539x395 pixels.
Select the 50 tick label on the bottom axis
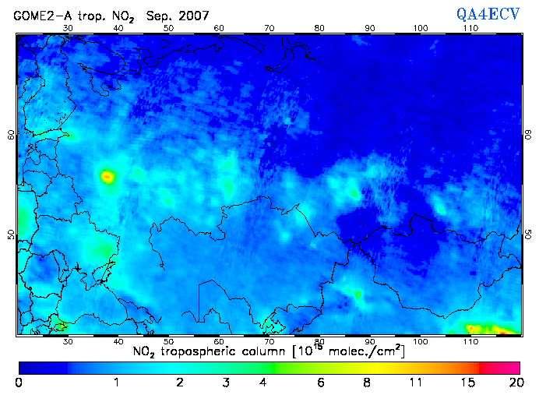168,342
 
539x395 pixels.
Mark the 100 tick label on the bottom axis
421,342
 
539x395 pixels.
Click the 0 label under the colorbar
19,383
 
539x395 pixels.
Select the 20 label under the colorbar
513,383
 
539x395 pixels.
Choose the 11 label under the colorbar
417,383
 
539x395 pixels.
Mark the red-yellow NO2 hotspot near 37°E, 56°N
107,177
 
